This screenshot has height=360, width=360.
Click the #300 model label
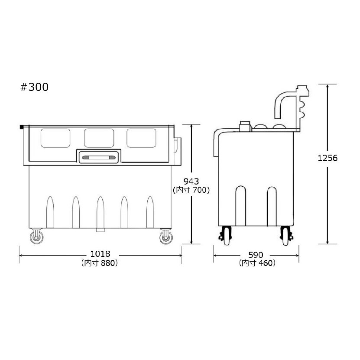(34, 87)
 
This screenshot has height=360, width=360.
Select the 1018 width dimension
(100, 254)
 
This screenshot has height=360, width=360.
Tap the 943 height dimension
(191, 182)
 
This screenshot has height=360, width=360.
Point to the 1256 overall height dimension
(328, 158)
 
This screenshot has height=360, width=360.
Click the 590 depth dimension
(256, 255)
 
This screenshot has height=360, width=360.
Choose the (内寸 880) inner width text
(100, 263)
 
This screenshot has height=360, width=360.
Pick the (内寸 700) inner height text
(191, 190)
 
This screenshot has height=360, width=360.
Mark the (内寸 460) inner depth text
(257, 263)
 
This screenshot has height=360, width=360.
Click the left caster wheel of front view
(37, 237)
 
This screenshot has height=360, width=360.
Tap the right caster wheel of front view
(166, 237)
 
